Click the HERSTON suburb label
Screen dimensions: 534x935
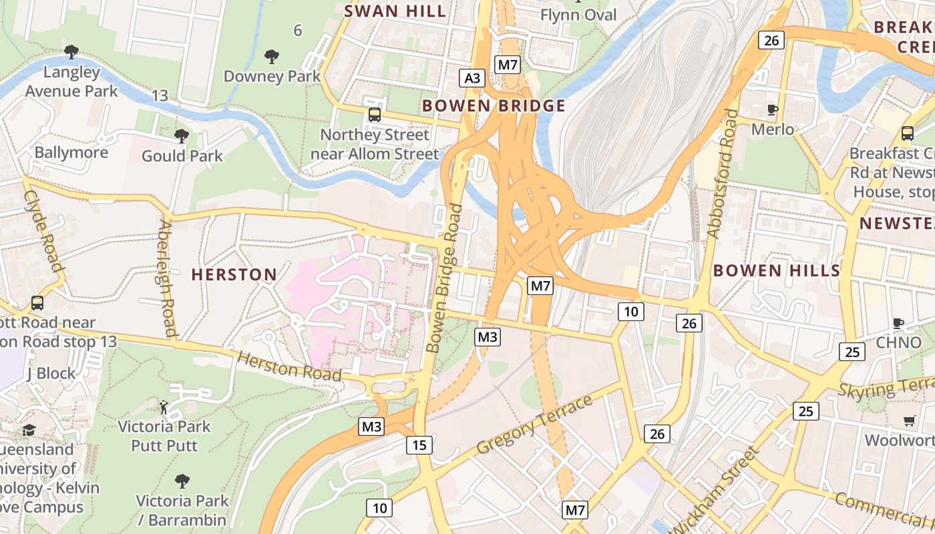point(234,274)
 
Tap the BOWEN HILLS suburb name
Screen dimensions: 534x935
point(776,270)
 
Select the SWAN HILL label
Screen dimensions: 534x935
point(395,11)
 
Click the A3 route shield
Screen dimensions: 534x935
point(472,78)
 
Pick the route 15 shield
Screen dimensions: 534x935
point(419,445)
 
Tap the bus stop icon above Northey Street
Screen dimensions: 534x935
point(375,115)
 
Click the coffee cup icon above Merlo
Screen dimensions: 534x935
point(773,110)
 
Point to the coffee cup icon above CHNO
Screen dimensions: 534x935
point(898,324)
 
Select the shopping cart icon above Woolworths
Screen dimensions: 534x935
point(909,421)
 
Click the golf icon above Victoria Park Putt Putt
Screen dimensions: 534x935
point(164,406)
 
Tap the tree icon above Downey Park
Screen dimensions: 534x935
point(271,56)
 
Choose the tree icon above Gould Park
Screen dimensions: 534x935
point(181,136)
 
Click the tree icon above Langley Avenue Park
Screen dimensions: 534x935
point(71,51)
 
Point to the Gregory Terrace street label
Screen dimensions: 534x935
point(536,425)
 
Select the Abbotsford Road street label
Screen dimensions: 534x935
point(723,174)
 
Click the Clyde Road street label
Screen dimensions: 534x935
point(44,230)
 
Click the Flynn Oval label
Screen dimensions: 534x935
point(578,15)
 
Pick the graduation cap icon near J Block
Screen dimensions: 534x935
point(29,430)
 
